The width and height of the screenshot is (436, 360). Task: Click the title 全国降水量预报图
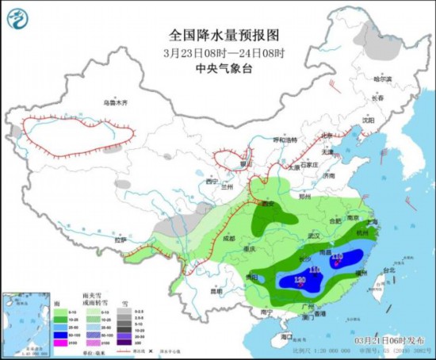217,36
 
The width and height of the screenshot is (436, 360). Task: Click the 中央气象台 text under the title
217,68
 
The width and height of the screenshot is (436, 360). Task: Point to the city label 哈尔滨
383,79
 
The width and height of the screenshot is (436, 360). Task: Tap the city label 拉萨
120,239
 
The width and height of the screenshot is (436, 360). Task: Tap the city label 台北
388,270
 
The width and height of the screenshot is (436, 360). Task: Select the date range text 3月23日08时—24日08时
217,53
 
